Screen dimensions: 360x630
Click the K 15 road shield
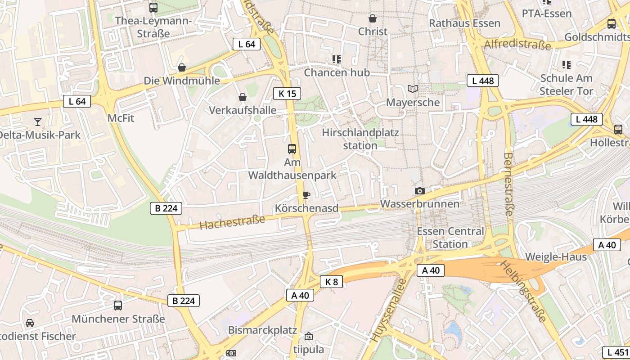pyautogui.click(x=287, y=94)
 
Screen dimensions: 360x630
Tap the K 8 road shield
pyautogui.click(x=331, y=282)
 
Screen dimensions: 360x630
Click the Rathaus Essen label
pyautogui.click(x=465, y=23)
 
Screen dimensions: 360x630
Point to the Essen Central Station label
pyautogui.click(x=450, y=238)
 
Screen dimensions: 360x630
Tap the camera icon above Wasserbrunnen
pyautogui.click(x=419, y=191)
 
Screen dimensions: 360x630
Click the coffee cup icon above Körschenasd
pyautogui.click(x=306, y=195)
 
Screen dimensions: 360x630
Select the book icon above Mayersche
pyautogui.click(x=413, y=89)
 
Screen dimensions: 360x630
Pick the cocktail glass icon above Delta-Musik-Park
pyautogui.click(x=38, y=121)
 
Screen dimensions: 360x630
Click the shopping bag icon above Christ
pyautogui.click(x=373, y=18)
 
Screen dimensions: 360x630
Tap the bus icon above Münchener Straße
pyautogui.click(x=118, y=306)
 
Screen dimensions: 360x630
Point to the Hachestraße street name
pyautogui.click(x=232, y=222)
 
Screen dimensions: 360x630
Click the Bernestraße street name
pyautogui.click(x=508, y=184)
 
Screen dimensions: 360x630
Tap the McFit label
pyautogui.click(x=121, y=118)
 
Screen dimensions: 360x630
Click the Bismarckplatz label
pyautogui.click(x=262, y=330)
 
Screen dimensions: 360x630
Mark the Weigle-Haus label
pyautogui.click(x=556, y=257)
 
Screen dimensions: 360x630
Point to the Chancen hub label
pyautogui.click(x=337, y=72)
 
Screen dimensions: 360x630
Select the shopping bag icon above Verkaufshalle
pyautogui.click(x=243, y=97)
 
